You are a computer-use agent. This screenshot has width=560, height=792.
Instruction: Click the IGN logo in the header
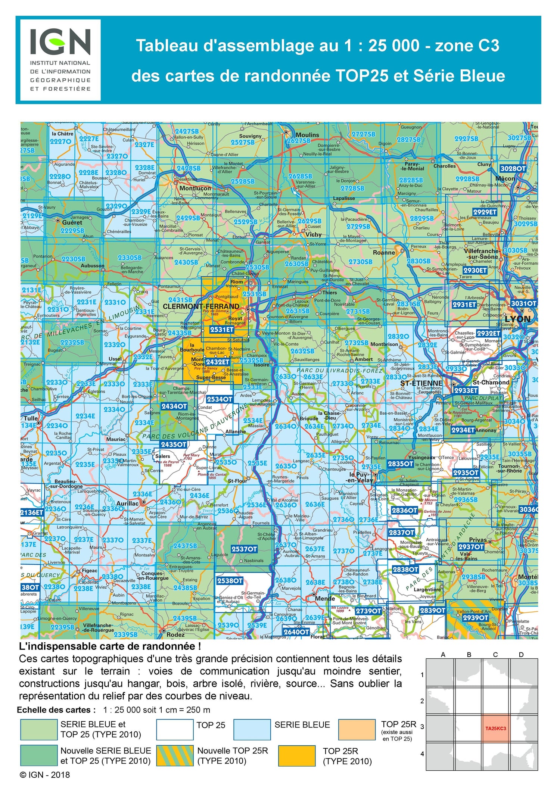[x=60, y=60]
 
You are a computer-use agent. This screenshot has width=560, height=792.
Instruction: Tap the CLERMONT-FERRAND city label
[x=201, y=306]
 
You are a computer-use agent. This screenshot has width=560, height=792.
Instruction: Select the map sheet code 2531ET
[x=222, y=329]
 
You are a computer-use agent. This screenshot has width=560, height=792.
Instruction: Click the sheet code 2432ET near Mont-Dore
[x=217, y=362]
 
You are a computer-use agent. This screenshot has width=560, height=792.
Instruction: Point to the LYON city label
[x=517, y=319]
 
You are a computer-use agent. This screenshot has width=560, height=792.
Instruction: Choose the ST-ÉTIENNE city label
[x=421, y=383]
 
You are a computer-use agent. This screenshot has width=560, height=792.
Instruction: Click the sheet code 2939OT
[x=475, y=617]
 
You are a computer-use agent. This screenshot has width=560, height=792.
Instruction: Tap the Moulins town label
[x=307, y=135]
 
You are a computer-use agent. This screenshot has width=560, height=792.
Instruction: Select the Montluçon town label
[x=195, y=188]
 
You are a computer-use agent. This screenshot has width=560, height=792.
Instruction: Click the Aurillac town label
[x=127, y=503]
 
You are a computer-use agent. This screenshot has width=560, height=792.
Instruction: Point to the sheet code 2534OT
[x=220, y=399]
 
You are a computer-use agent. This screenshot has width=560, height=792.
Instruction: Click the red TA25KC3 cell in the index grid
[x=495, y=728]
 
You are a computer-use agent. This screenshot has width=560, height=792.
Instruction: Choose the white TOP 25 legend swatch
[x=175, y=730]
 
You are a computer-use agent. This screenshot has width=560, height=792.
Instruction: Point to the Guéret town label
[x=72, y=222]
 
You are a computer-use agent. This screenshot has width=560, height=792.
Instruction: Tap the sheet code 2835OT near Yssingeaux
[x=401, y=464]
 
